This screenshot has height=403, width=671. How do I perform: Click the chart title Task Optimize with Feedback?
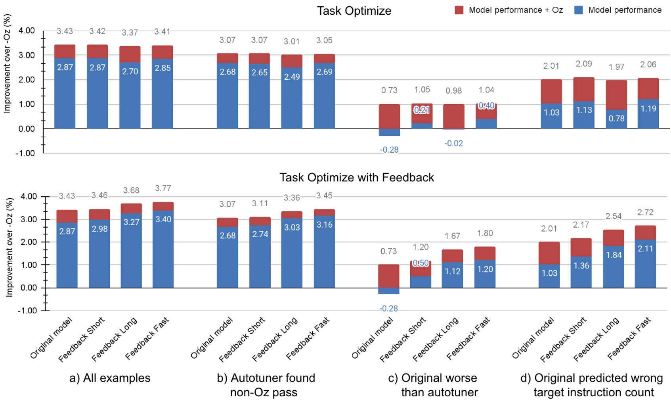pyautogui.click(x=356, y=177)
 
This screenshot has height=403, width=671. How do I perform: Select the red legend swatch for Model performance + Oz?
pyautogui.click(x=459, y=10)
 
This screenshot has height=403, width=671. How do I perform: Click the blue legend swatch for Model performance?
pyautogui.click(x=578, y=10)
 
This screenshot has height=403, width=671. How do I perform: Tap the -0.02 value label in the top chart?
pyautogui.click(x=453, y=143)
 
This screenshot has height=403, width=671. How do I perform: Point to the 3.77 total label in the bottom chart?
pyautogui.click(x=163, y=188)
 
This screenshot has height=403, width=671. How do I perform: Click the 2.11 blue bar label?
pyautogui.click(x=645, y=249)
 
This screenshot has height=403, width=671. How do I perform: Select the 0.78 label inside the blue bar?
pyautogui.click(x=616, y=119)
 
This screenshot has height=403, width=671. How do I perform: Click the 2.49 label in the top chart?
pyautogui.click(x=292, y=77)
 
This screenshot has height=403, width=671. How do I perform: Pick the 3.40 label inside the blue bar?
pyautogui.click(x=163, y=219)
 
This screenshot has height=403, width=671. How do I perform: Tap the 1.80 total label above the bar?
pyautogui.click(x=485, y=233)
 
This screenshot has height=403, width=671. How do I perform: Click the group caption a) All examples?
pyautogui.click(x=110, y=378)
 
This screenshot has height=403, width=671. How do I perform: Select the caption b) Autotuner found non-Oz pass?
pyautogui.click(x=266, y=385)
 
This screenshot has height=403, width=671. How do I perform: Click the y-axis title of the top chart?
pyautogui.click(x=7, y=63)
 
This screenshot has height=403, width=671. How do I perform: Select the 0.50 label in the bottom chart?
pyautogui.click(x=421, y=263)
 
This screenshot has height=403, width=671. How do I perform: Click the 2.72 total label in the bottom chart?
pyautogui.click(x=645, y=212)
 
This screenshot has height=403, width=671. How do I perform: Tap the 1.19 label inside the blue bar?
pyautogui.click(x=648, y=109)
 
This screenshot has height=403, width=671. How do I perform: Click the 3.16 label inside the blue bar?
pyautogui.click(x=324, y=225)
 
